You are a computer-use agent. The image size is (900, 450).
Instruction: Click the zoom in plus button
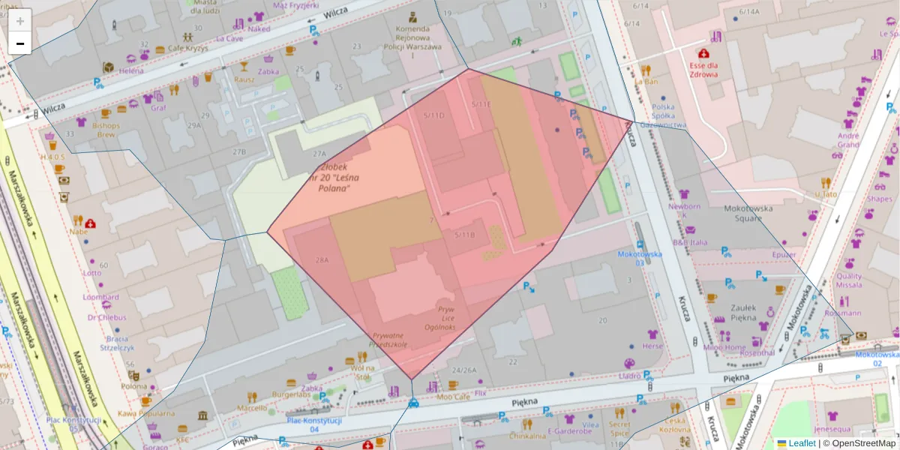point(20,21)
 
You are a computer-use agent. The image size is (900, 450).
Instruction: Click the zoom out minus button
point(20,43)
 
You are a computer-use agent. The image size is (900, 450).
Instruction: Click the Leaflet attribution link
point(801,443)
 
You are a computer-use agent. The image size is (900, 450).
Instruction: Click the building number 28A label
point(322,260)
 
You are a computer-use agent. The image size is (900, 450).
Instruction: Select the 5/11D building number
point(433,115)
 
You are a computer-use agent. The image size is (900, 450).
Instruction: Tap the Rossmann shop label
point(842,313)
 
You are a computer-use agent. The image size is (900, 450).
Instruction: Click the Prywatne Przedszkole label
point(388,340)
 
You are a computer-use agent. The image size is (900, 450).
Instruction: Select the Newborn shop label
point(684,210)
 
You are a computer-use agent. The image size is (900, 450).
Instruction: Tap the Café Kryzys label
point(187,48)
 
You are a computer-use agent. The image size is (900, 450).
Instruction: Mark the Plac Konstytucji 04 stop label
point(314,424)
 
